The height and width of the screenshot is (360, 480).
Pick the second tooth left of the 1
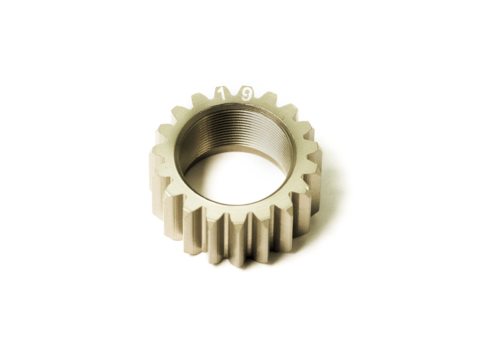tap(179, 112)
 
